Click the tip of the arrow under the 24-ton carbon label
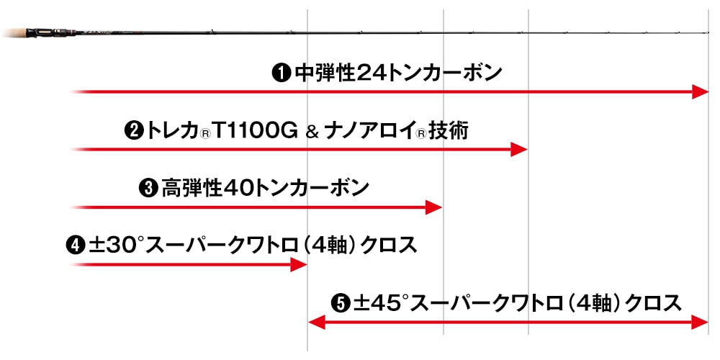click(x=708, y=92)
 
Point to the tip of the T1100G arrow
click(x=527, y=150)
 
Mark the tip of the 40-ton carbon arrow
click(x=441, y=207)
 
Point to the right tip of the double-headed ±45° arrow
click(x=708, y=323)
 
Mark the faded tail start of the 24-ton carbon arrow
click(x=71, y=92)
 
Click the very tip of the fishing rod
click(x=709, y=32)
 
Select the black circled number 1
click(x=281, y=73)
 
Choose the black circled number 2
click(x=134, y=132)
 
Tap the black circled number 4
click(x=76, y=246)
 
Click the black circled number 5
click(x=341, y=304)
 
